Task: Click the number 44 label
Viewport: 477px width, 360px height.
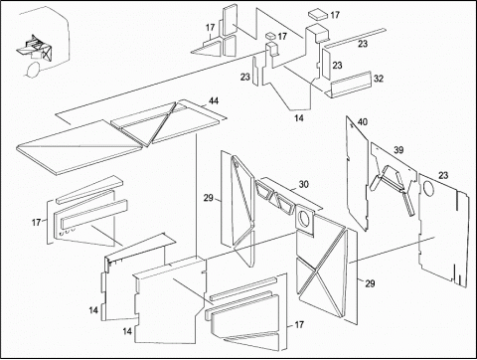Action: click(214, 100)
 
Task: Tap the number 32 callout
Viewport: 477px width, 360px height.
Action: click(379, 79)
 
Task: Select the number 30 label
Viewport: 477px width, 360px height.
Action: click(303, 184)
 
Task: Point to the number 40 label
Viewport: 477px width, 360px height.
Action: click(363, 122)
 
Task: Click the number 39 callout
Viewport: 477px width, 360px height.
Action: click(398, 150)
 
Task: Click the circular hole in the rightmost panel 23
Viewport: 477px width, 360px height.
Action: click(428, 188)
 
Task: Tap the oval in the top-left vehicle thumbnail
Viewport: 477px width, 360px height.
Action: click(33, 69)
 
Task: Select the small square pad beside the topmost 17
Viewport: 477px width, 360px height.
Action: click(318, 15)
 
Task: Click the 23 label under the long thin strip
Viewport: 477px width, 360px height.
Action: click(363, 44)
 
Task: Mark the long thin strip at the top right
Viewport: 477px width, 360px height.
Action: click(354, 38)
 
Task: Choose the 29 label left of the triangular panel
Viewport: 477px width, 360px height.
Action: click(209, 198)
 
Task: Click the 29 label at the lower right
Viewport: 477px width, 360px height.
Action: click(370, 283)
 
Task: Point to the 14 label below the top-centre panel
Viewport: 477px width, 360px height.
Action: click(299, 118)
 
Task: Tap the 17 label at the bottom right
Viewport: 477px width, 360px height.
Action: click(299, 324)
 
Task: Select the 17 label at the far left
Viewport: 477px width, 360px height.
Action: click(36, 222)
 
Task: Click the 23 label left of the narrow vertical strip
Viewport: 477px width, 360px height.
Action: click(244, 77)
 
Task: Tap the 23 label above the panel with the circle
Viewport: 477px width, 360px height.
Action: click(443, 175)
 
